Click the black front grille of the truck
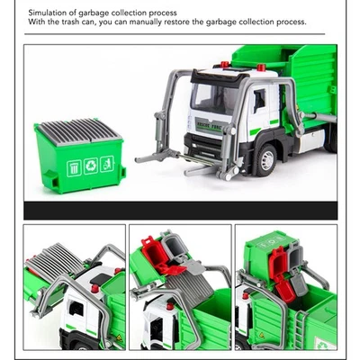(x=200, y=142)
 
